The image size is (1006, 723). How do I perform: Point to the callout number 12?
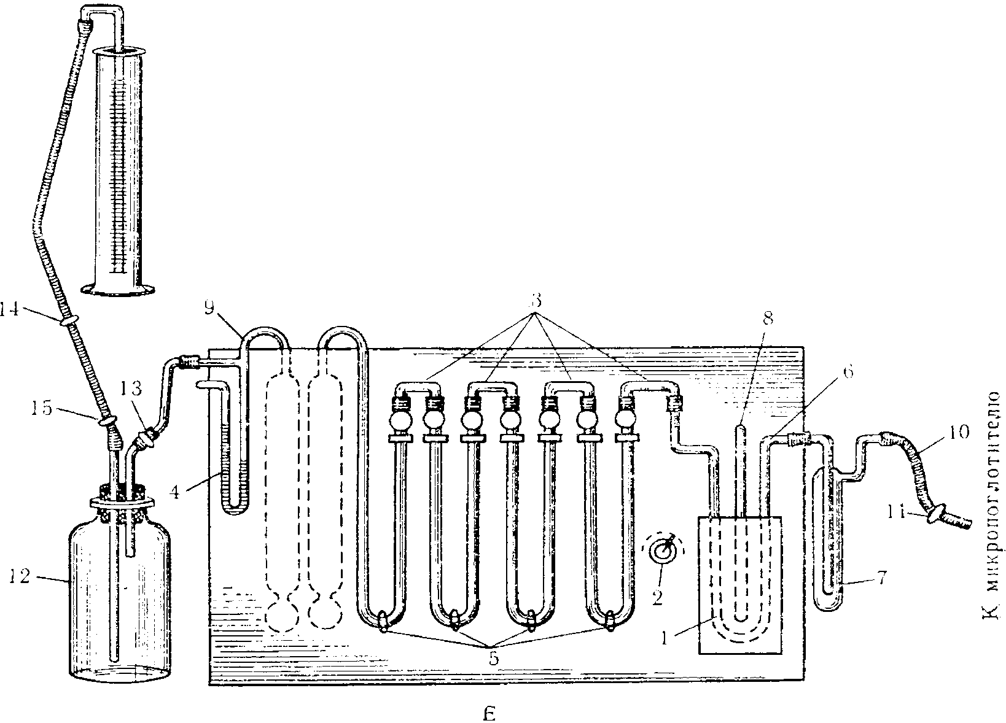pos(20,578)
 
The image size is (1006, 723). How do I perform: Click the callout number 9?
pos(209,308)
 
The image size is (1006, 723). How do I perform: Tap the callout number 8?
pos(767,319)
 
